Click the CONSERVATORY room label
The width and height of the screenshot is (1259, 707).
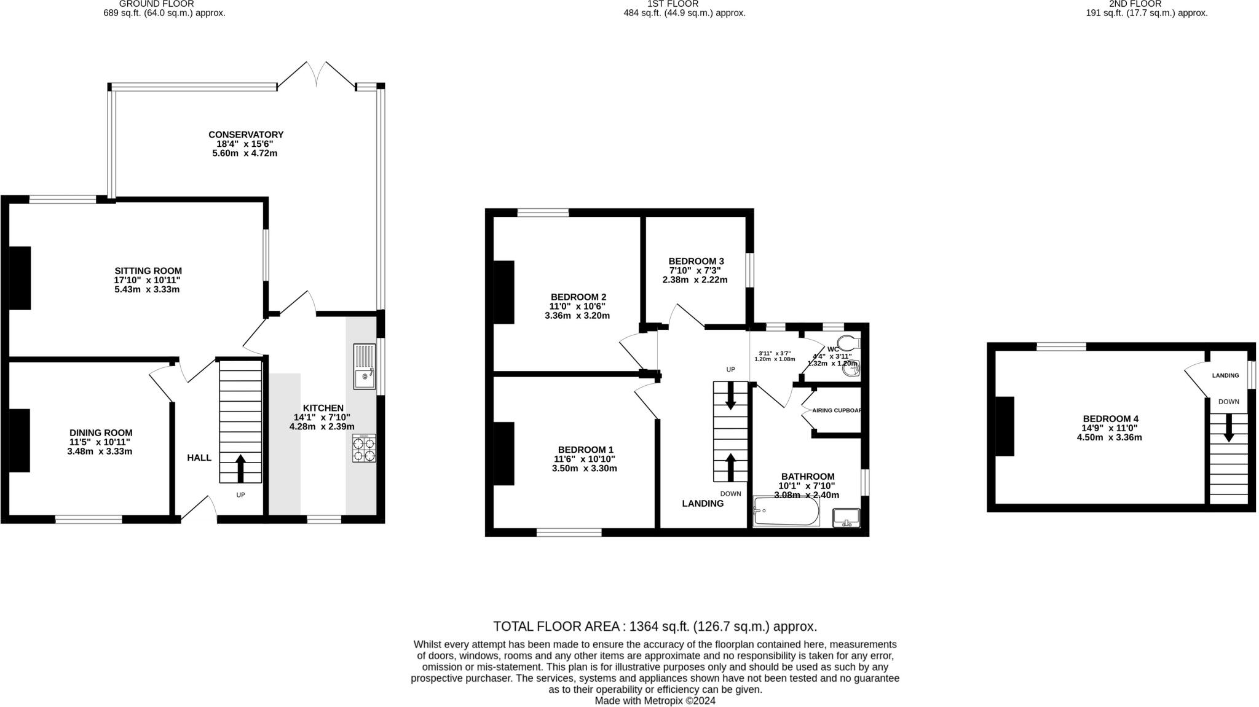coord(245,135)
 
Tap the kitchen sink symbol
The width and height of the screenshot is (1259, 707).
coord(364,367)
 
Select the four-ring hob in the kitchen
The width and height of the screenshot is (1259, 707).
coord(364,448)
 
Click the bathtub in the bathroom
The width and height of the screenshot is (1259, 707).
coord(786,511)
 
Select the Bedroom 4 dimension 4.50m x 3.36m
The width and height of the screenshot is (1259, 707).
coord(1109,437)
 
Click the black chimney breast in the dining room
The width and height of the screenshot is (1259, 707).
coord(19,440)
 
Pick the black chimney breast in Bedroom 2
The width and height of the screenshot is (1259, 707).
coord(503,292)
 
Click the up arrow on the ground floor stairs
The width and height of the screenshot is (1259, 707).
coord(240,468)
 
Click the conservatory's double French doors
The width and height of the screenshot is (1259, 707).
coord(317,74)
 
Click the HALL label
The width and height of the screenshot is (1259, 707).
coord(199,458)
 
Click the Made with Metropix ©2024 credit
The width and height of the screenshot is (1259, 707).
coord(655,700)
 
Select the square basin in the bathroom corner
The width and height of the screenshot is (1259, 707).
coord(847,518)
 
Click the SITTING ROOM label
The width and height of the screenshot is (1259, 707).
coord(148,271)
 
